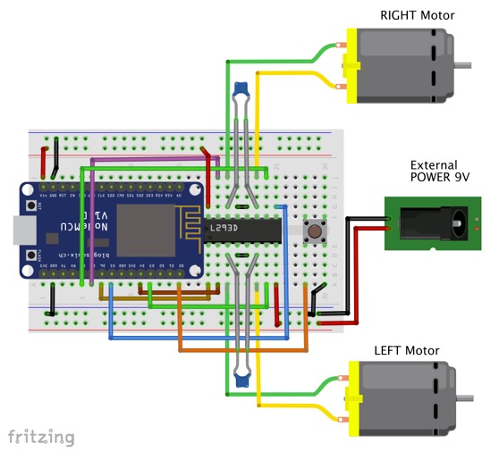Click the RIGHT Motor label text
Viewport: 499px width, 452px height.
click(x=417, y=15)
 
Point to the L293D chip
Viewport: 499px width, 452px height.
click(x=241, y=230)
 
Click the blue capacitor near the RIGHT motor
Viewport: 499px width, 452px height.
click(x=240, y=89)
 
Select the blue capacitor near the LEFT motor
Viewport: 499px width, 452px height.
click(x=240, y=379)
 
